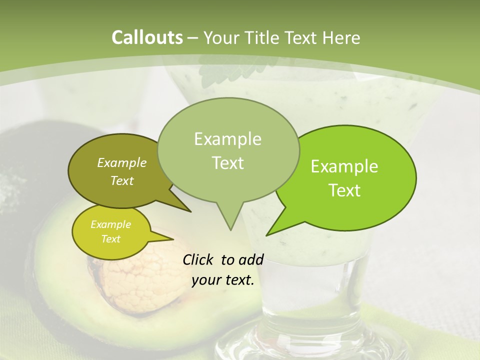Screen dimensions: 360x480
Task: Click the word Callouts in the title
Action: coord(147,37)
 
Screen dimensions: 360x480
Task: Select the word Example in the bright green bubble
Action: coord(344,166)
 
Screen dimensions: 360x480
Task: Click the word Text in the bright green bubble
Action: coord(344,190)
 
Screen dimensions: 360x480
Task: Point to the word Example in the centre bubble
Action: coord(227,139)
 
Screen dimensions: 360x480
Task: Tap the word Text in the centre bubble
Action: coord(228,163)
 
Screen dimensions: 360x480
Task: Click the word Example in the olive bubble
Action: coord(121,162)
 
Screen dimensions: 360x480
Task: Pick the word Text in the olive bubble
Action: coord(121,180)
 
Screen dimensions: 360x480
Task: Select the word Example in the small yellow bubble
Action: coord(110,224)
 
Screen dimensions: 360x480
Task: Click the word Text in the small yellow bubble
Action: coord(110,239)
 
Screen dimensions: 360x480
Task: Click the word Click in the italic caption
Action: coord(198,259)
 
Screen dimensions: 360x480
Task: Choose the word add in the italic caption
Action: coord(251,259)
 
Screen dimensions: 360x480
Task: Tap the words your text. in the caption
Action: coord(223,280)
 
